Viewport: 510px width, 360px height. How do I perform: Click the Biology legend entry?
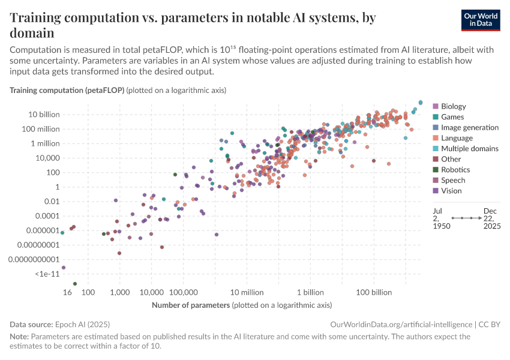(x=453, y=106)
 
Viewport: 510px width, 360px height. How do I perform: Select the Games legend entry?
(x=452, y=117)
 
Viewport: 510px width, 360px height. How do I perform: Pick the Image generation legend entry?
(x=469, y=127)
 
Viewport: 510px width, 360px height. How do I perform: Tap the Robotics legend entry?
(x=455, y=170)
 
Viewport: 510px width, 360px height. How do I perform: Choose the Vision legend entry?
(x=451, y=191)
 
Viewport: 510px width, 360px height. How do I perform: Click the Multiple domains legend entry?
(x=469, y=148)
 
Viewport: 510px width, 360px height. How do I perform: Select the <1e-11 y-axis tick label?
(x=47, y=274)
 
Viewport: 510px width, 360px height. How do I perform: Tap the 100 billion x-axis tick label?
(x=374, y=293)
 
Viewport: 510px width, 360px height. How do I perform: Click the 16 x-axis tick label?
(x=67, y=293)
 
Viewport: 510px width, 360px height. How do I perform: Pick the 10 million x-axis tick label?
(x=247, y=293)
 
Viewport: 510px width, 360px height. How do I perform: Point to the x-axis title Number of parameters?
(x=191, y=305)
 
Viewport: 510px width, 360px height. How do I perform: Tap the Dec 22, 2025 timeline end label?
(x=491, y=219)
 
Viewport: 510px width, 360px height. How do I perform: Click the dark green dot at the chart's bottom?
(x=75, y=283)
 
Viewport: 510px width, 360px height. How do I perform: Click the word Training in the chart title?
(x=38, y=18)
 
